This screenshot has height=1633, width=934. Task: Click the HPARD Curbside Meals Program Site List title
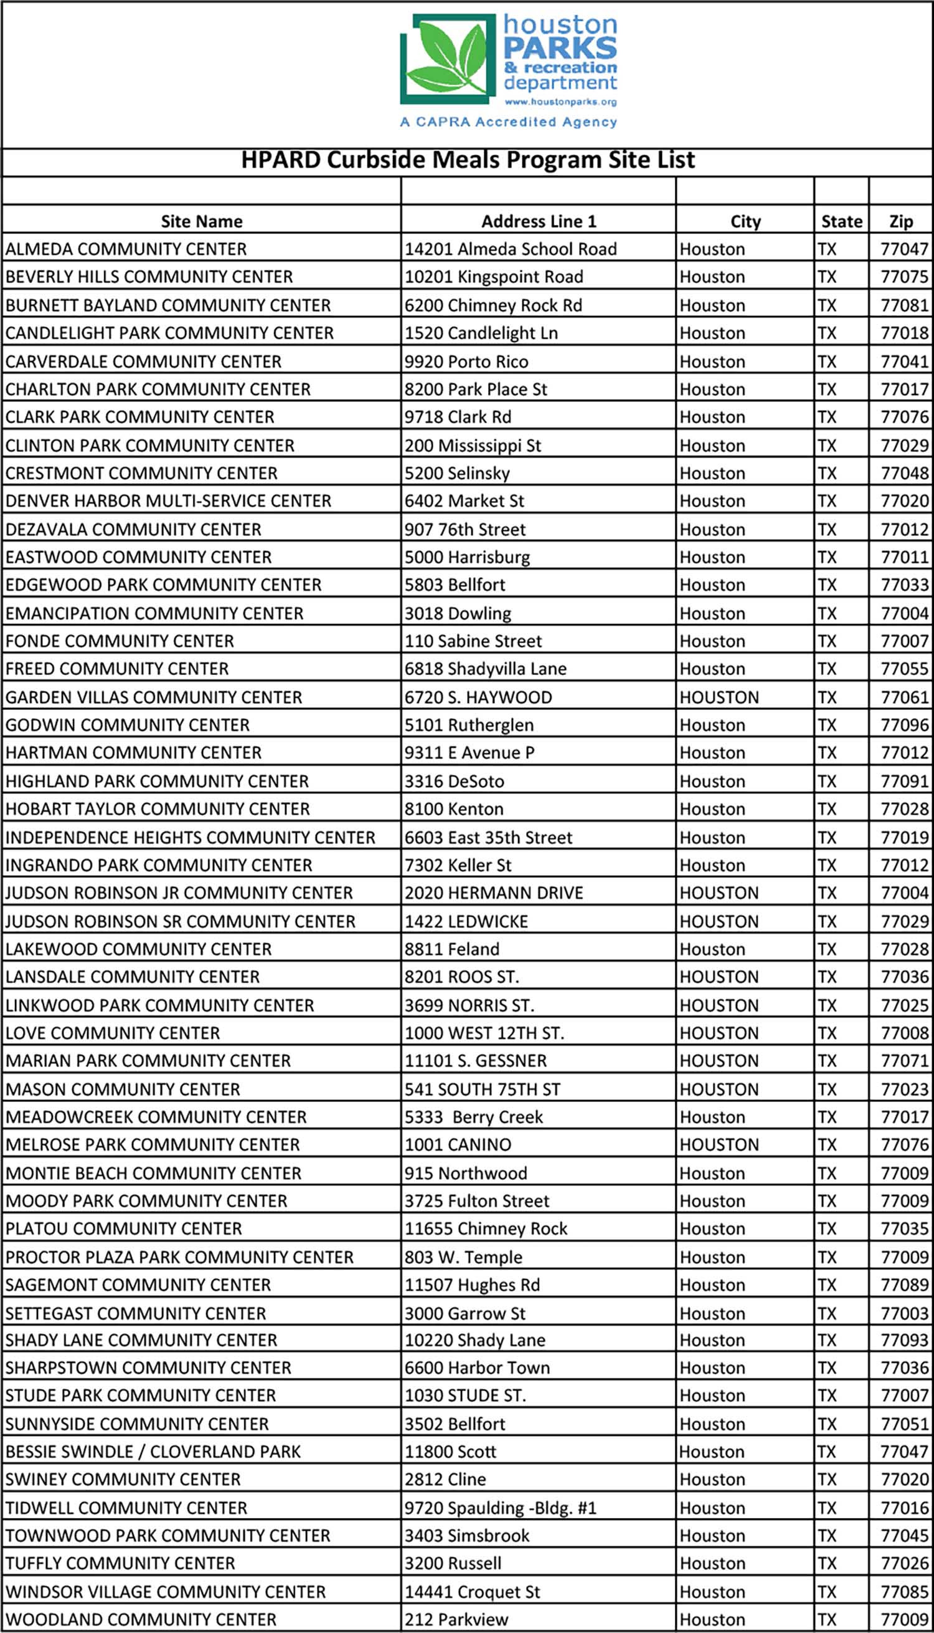click(468, 160)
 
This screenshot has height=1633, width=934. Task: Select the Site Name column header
click(201, 221)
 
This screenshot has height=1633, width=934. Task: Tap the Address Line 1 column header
click(539, 221)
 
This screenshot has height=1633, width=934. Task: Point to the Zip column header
click(900, 221)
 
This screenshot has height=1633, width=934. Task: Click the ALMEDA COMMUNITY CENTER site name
click(126, 249)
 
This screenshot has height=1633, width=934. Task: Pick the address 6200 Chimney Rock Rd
click(493, 305)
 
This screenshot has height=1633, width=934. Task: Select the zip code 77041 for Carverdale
click(904, 362)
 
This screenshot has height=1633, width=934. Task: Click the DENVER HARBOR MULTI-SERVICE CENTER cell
click(168, 501)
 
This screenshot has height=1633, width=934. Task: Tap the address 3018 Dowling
click(458, 614)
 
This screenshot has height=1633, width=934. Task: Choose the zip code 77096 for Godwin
click(904, 726)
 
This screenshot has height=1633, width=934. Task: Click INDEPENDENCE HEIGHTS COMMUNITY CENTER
click(190, 838)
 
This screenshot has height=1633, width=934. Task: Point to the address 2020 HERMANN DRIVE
click(494, 893)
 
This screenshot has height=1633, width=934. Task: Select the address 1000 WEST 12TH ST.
click(484, 1033)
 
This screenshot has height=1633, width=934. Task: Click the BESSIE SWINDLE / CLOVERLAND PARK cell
click(153, 1452)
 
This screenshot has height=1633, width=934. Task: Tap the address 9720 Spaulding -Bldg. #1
click(501, 1508)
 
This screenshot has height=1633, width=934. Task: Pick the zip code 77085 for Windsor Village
click(904, 1591)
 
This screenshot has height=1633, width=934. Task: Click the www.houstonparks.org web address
click(560, 102)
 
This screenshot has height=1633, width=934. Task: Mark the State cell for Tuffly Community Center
click(827, 1564)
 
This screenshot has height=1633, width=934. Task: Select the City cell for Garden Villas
click(719, 697)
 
